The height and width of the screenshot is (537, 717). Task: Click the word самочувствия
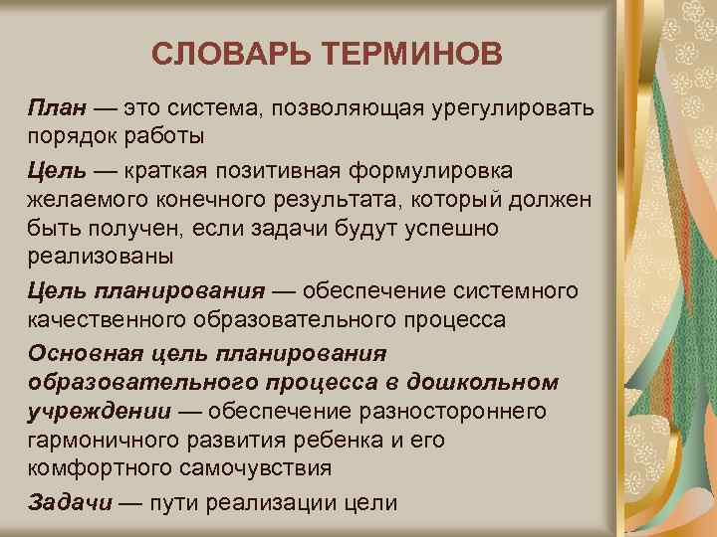pos(255,467)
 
